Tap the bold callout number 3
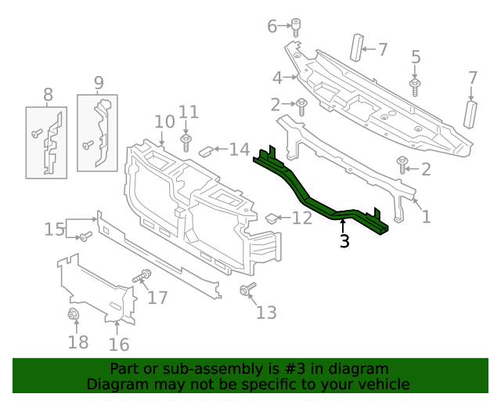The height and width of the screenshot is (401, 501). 344,242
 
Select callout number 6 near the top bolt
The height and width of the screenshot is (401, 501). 272,27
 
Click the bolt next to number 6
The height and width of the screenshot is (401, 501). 297,26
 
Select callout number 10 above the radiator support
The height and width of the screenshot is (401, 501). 164,121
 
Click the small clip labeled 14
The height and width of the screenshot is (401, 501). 207,150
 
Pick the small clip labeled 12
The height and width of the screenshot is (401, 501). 271,217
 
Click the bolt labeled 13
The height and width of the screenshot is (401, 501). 247,291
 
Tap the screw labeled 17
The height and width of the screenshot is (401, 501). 144,276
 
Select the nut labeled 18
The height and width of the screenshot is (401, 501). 75,316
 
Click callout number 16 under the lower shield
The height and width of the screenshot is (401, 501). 118,344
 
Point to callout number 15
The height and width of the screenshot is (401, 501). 54,229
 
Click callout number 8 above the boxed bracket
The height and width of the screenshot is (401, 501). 48,96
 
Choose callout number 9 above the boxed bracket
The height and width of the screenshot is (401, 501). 99,82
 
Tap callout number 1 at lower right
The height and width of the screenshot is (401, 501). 426,216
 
